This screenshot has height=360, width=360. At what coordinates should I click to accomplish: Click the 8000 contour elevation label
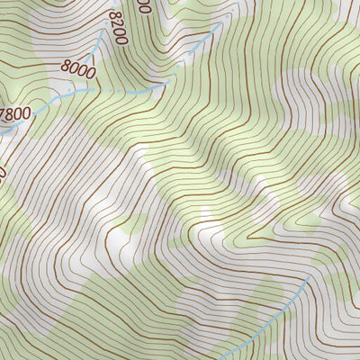[77, 66]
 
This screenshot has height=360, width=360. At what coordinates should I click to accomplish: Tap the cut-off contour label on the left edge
[3, 171]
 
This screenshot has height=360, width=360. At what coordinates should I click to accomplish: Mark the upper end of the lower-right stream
[311, 277]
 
